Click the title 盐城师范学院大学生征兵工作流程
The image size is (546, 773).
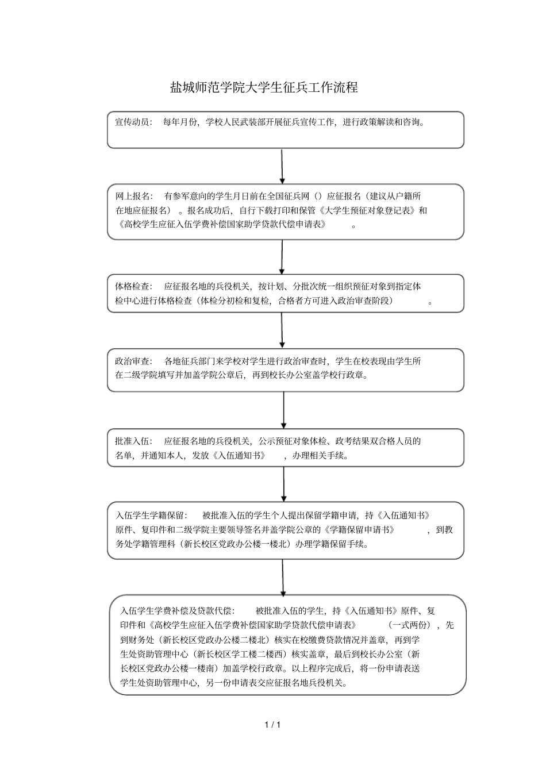[264, 87]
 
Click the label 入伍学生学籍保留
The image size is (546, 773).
[151, 515]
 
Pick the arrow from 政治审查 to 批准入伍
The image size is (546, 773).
[283, 410]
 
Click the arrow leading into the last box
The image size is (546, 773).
[283, 576]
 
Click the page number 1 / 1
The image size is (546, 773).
[272, 725]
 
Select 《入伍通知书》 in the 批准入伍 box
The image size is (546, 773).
[239, 456]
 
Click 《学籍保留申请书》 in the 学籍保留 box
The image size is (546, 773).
[359, 530]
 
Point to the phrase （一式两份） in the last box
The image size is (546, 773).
[409, 625]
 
